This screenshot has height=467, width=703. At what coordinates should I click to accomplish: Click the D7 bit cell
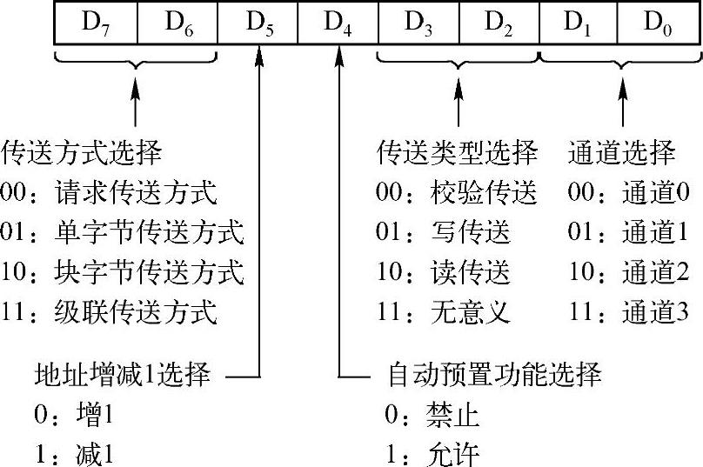point(95,23)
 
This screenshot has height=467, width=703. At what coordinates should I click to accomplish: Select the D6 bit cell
point(177,23)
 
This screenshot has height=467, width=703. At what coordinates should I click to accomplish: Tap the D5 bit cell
point(258,23)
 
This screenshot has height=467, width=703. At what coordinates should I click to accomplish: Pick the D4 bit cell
point(338,23)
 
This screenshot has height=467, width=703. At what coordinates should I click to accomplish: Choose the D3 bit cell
point(419,23)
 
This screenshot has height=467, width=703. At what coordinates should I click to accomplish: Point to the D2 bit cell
point(499,23)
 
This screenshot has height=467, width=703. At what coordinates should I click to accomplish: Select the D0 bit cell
point(658,23)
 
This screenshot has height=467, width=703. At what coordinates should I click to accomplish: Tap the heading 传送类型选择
point(458,154)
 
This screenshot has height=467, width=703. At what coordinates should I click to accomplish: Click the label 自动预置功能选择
point(493,377)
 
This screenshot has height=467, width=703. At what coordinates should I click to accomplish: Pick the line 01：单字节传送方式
point(123,232)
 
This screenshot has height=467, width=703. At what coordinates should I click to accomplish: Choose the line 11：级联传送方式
point(109,310)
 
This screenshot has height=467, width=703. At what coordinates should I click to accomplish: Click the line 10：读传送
point(444,271)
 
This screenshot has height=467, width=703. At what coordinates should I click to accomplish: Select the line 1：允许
point(432,454)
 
